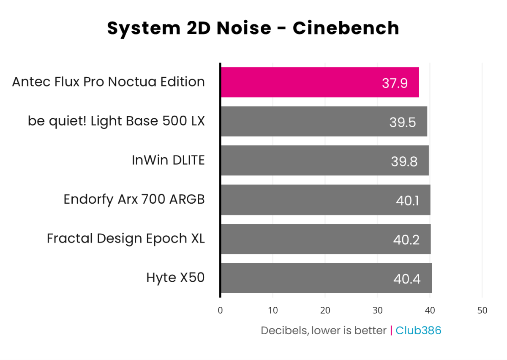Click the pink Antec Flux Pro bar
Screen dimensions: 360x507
pyautogui.click(x=319, y=82)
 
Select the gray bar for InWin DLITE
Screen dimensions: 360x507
pyautogui.click(x=324, y=161)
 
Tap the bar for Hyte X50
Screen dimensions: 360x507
pyautogui.click(x=326, y=278)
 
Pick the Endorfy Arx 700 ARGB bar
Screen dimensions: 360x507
pyautogui.click(x=325, y=200)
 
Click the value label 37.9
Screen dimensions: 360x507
pyautogui.click(x=395, y=83)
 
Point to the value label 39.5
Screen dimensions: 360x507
pyautogui.click(x=403, y=123)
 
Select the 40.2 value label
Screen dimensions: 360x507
pyautogui.click(x=406, y=240)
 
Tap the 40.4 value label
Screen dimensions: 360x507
pyautogui.click(x=406, y=279)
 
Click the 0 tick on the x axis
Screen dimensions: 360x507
pyautogui.click(x=220, y=311)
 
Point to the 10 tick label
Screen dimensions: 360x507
pyautogui.click(x=273, y=311)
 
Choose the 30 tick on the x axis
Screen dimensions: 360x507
pyautogui.click(x=377, y=311)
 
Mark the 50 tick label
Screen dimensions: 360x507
pyautogui.click(x=482, y=311)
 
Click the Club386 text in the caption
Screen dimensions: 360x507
pyautogui.click(x=418, y=330)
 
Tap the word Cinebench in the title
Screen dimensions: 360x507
pyautogui.click(x=346, y=28)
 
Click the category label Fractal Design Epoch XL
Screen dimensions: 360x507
pyautogui.click(x=125, y=239)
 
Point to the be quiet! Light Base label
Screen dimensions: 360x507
pyautogui.click(x=116, y=121)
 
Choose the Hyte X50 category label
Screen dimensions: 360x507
pyautogui.click(x=175, y=278)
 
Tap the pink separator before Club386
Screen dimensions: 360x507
pyautogui.click(x=391, y=330)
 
